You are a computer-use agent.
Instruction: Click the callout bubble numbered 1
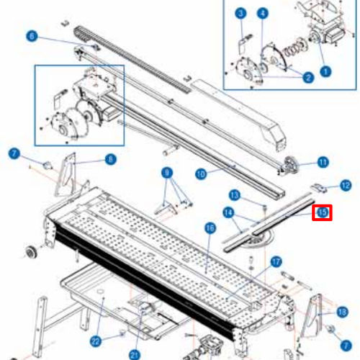point(325,71)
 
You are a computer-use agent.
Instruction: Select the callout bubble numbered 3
point(241,13)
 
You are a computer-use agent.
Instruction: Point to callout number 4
point(263,13)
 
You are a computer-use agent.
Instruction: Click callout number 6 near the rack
point(31,35)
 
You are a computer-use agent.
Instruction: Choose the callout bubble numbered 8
point(110,159)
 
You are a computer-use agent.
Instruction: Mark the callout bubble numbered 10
point(201,173)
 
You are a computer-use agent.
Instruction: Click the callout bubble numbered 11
point(323,162)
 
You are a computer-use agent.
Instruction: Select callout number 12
point(346,185)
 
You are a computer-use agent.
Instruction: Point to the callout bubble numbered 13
point(234,194)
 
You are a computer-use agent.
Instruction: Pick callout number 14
point(228,212)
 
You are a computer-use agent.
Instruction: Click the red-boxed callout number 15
point(323,212)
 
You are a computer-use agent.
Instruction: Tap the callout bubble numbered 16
point(210,228)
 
